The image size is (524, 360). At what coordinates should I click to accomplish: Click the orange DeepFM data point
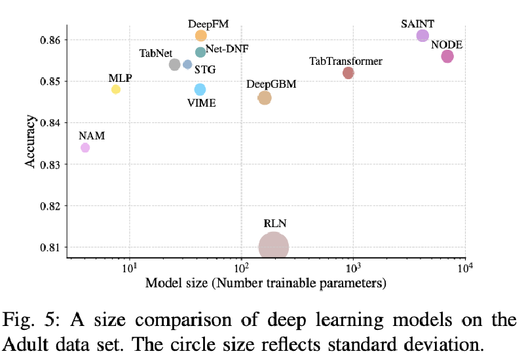pyautogui.click(x=201, y=35)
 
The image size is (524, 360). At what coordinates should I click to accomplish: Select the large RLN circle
pyautogui.click(x=274, y=247)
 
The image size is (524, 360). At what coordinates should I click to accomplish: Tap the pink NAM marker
pyautogui.click(x=85, y=148)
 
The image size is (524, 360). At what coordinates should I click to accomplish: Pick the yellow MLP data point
pyautogui.click(x=116, y=89)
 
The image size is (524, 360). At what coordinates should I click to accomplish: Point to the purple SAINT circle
pyautogui.click(x=422, y=35)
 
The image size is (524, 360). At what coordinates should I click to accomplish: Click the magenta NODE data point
pyautogui.click(x=447, y=56)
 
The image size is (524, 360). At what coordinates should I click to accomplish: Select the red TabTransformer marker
pyautogui.click(x=348, y=73)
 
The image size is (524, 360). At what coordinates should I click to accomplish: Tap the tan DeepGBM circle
pyautogui.click(x=265, y=98)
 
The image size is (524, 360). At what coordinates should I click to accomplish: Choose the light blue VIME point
pyautogui.click(x=200, y=89)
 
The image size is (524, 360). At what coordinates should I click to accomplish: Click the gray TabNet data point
pyautogui.click(x=175, y=64)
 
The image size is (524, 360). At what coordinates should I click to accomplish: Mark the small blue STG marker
pyautogui.click(x=187, y=64)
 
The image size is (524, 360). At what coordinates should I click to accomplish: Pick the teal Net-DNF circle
pyautogui.click(x=200, y=52)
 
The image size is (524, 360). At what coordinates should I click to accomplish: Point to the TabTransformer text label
pyautogui.click(x=345, y=61)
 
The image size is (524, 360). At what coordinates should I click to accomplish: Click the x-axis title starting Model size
pyautogui.click(x=265, y=283)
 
